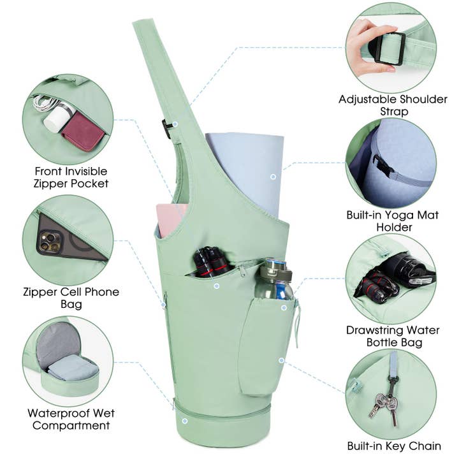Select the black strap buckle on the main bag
166,129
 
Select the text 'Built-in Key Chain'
394,446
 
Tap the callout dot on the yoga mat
273,177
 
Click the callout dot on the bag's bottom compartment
185,421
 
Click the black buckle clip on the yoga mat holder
381,165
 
